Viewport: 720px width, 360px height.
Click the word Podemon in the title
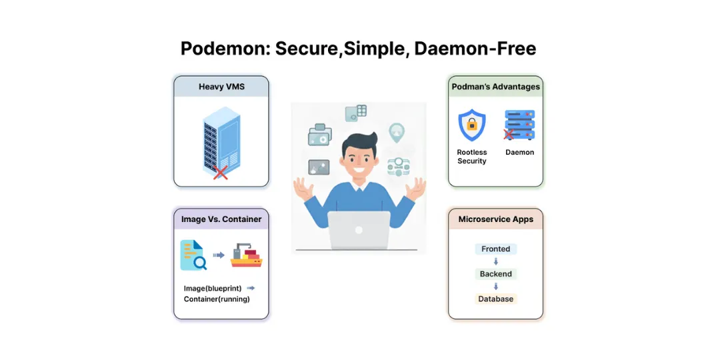tap(224, 49)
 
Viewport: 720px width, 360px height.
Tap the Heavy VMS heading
tap(221, 87)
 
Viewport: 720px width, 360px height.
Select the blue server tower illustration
tap(221, 139)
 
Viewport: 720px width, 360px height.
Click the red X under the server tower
tap(220, 173)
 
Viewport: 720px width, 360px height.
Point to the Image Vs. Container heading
tap(221, 219)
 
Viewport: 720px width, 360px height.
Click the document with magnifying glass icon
tap(193, 255)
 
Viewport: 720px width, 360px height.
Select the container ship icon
tap(246, 256)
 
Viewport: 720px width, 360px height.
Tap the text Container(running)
tap(217, 299)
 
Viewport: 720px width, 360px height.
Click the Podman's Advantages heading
tap(495, 87)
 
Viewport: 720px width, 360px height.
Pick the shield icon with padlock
tap(472, 125)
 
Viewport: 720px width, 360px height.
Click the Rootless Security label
tap(472, 157)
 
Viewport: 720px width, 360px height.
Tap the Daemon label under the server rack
tap(519, 153)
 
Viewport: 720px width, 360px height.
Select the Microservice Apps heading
tap(495, 219)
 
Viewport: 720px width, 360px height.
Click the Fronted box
tap(496, 249)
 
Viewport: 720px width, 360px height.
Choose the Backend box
tap(496, 274)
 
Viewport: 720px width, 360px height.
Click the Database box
tap(496, 299)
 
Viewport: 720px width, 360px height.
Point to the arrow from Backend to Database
tap(496, 287)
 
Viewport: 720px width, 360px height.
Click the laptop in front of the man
tap(359, 231)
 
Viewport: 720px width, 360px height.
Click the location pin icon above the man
tap(397, 132)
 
